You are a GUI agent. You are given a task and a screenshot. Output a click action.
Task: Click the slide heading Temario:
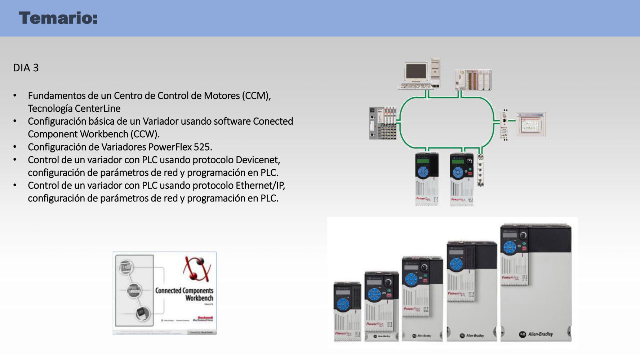coord(58,18)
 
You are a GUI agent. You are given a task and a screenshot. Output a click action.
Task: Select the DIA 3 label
coord(26,68)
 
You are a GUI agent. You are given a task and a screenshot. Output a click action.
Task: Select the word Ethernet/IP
coord(260,185)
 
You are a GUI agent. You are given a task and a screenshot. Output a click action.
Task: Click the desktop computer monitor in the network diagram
coord(417,72)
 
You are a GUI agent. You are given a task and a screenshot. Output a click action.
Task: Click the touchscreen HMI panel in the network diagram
coord(530,125)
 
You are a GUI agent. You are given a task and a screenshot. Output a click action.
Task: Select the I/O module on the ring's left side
coord(383,123)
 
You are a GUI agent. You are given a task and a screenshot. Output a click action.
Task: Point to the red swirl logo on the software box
coord(197,269)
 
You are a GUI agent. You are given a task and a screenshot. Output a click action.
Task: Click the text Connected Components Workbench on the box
coord(184,294)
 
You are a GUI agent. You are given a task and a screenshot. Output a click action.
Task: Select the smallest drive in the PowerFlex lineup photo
coord(347,312)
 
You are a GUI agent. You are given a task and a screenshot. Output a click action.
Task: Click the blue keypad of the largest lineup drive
coord(510,248)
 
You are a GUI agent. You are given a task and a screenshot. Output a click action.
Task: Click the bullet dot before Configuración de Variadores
coord(15,147)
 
